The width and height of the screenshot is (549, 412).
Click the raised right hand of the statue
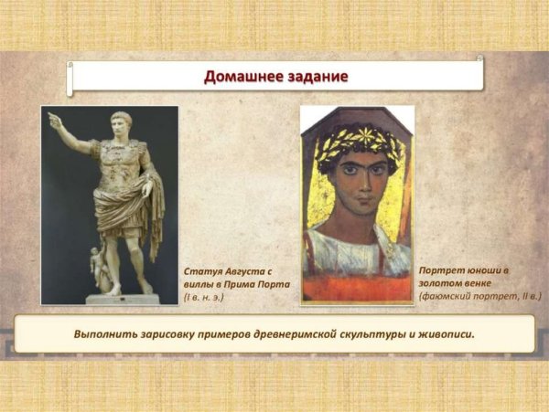click(54, 120)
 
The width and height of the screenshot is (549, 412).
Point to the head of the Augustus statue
click(121, 123)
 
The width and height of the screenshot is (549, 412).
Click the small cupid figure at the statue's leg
click(98, 265)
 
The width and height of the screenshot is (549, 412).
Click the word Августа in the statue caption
click(247, 272)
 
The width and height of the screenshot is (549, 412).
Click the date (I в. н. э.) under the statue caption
click(204, 297)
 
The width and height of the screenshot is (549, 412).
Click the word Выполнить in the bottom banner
click(105, 334)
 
